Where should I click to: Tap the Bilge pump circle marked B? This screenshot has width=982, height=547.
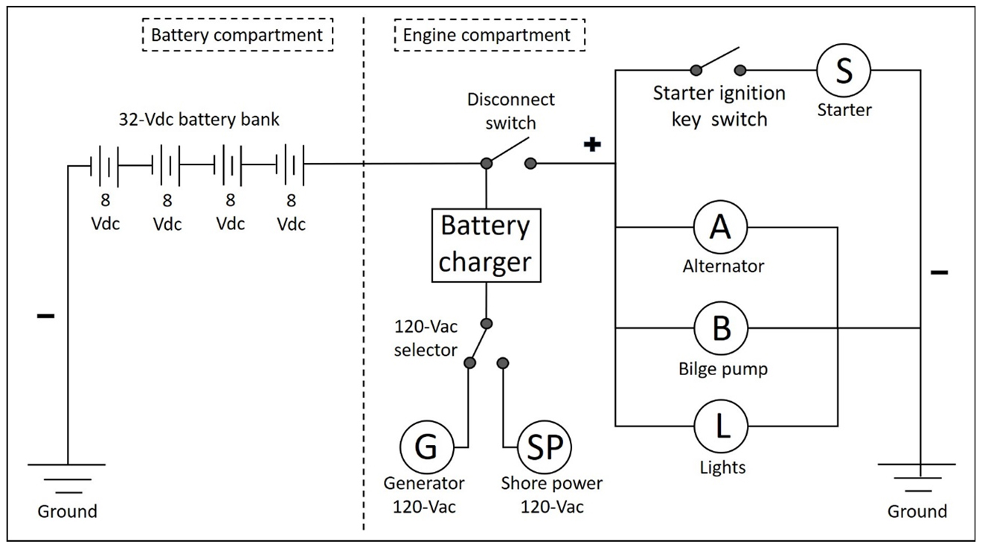click(x=720, y=327)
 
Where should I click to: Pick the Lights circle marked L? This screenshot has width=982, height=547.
click(x=720, y=426)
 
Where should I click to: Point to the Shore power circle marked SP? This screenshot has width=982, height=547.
click(x=544, y=447)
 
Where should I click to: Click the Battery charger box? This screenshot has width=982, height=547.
click(x=485, y=243)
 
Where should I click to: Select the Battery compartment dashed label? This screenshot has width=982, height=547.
click(x=237, y=35)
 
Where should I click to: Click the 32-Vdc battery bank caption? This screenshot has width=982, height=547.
click(x=198, y=119)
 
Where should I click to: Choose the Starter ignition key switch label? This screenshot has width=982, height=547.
click(x=719, y=106)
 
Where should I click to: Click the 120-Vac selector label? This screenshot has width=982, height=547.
click(x=426, y=339)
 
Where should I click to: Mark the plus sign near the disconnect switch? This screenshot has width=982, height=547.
click(x=591, y=145)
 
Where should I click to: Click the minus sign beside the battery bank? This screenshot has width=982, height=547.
click(x=45, y=316)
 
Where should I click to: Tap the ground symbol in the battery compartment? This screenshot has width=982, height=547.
click(x=68, y=477)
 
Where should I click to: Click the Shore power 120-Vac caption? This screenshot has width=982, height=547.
click(x=551, y=495)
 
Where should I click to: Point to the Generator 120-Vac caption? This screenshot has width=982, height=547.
click(x=424, y=495)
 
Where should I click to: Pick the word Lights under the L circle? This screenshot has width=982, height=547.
click(x=722, y=468)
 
